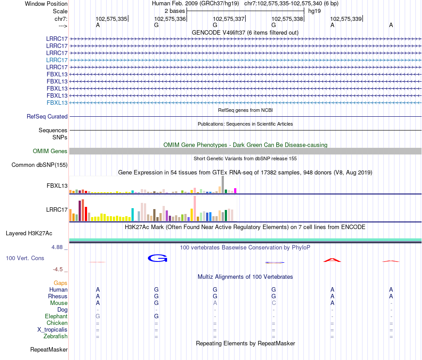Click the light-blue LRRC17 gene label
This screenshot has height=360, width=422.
pyautogui.click(x=57, y=60)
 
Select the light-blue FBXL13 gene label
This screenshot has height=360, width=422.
pyautogui.click(x=57, y=103)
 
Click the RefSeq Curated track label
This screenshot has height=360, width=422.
pyautogui.click(x=47, y=116)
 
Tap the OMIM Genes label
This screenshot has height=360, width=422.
pyautogui.click(x=50, y=151)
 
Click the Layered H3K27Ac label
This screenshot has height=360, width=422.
pyautogui.click(x=35, y=233)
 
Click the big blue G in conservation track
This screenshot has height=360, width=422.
pyautogui.click(x=157, y=258)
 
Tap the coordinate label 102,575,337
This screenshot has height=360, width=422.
pyautogui.click(x=229, y=19)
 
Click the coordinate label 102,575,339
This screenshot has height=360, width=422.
pyautogui.click(x=346, y=19)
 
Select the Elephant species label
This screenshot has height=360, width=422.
pyautogui.click(x=56, y=316)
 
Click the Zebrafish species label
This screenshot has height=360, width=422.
pyautogui.click(x=56, y=336)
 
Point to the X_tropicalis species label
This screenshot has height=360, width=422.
pyautogui.click(x=52, y=330)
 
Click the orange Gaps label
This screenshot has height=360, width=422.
pyautogui.click(x=60, y=283)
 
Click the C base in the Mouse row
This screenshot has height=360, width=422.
pyautogui.click(x=274, y=303)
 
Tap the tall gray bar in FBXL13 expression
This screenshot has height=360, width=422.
pyautogui.click(x=223, y=184)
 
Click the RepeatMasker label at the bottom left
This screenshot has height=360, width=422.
pyautogui.click(x=49, y=350)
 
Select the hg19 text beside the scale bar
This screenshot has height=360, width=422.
pyautogui.click(x=315, y=10)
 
